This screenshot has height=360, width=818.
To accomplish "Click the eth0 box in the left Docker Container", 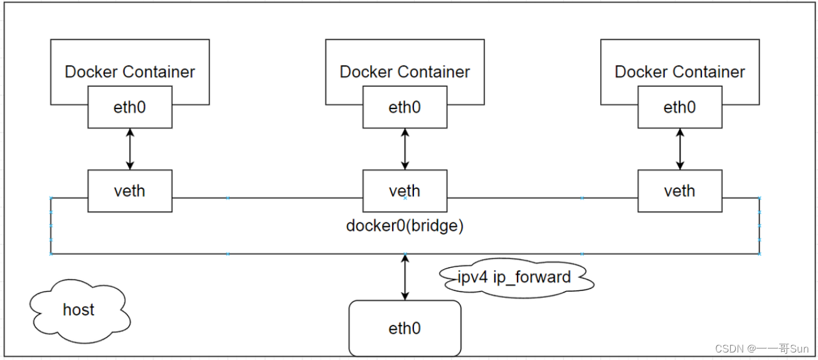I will (x=130, y=107).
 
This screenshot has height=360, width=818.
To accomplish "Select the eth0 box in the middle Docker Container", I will (x=405, y=107).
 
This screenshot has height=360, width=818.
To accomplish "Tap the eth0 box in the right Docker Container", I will (x=679, y=107).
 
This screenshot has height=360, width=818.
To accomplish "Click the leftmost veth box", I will (x=130, y=191).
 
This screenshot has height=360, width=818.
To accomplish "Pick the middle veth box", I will (x=405, y=191).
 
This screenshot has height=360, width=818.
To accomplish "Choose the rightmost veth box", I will (x=679, y=191).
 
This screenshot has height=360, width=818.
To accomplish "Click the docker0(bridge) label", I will (x=405, y=226).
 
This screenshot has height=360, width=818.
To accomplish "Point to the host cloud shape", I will (x=79, y=310).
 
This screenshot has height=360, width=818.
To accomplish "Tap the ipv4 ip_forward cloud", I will (x=514, y=277).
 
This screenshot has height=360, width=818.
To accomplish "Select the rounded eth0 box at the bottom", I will (x=405, y=328).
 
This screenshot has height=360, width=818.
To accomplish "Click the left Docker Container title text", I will (x=130, y=72).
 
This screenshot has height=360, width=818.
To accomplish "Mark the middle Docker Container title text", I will (x=405, y=72).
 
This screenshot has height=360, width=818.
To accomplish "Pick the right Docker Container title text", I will (x=679, y=72).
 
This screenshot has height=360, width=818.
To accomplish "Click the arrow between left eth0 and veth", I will (x=130, y=149).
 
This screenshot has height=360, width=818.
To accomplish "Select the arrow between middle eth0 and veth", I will (x=405, y=149).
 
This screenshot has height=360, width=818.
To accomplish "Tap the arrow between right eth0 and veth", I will (x=679, y=149).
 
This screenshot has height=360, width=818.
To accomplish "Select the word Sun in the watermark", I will (x=799, y=349).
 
